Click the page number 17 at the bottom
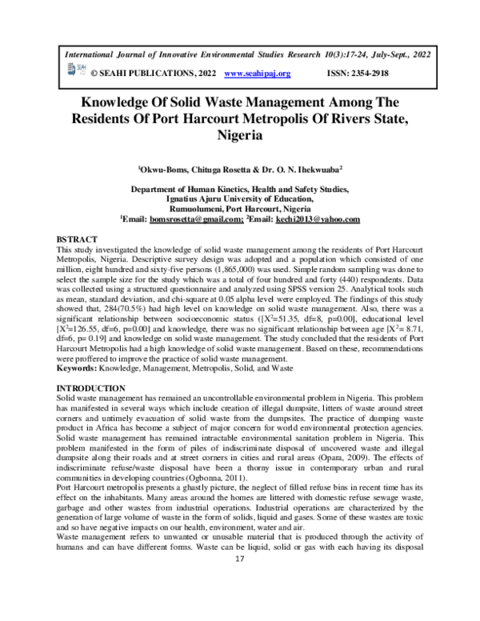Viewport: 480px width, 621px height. (239, 603)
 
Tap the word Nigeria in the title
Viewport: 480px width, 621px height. (240, 136)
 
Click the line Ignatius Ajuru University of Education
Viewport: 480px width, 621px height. (239, 198)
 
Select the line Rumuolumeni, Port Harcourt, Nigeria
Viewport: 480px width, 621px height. (239, 208)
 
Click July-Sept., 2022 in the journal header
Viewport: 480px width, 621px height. (402, 50)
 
